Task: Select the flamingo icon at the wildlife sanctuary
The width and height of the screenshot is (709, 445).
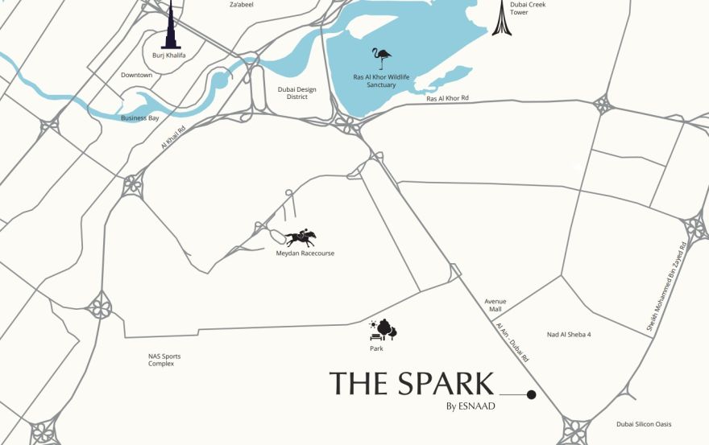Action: tap(381, 59)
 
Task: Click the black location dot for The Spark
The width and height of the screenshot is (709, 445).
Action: tap(531, 394)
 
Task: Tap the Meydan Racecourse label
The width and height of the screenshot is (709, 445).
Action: tap(305, 253)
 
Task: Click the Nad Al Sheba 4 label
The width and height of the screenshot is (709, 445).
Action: tap(569, 334)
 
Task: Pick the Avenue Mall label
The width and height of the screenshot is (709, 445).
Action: tap(494, 305)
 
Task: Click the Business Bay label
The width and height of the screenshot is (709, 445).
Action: tap(140, 117)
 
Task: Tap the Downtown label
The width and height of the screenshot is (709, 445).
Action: tap(136, 75)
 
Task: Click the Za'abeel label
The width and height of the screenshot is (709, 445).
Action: tap(243, 4)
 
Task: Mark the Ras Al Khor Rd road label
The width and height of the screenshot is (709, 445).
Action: tap(447, 98)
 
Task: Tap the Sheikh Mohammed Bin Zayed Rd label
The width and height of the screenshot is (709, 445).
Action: tap(666, 286)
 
